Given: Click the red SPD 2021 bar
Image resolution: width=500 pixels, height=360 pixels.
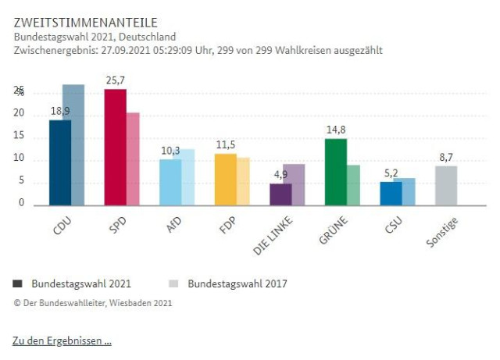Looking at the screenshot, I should (116, 148).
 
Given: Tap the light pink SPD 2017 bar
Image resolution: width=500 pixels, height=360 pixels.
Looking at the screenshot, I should (133, 159).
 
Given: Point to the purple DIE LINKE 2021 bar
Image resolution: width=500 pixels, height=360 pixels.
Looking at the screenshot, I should (280, 194).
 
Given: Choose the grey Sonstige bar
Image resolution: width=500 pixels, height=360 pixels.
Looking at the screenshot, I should (446, 185).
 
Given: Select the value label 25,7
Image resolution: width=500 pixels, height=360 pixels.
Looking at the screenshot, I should (116, 81).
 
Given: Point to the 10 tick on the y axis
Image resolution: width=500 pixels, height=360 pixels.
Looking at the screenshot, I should (19, 159).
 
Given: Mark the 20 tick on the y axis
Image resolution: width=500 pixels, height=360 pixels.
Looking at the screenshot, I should (19, 114).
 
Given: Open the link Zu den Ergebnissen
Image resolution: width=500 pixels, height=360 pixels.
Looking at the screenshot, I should (62, 341).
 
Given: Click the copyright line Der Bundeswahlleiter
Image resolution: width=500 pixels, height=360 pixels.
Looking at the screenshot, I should (93, 303).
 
